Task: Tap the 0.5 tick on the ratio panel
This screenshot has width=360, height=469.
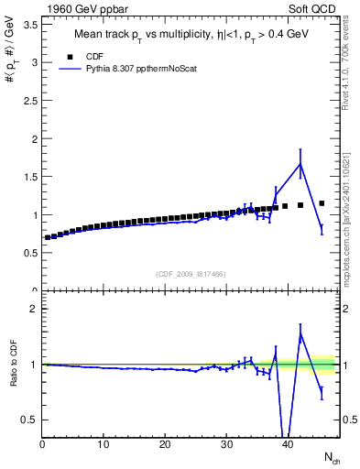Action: [30, 420]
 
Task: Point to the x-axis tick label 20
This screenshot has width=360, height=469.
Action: [165, 446]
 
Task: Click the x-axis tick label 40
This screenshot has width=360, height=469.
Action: [288, 446]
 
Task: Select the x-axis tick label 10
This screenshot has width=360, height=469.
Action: [104, 446]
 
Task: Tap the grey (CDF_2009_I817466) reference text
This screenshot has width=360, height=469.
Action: [191, 274]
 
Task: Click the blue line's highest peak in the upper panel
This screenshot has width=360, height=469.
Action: [300, 164]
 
